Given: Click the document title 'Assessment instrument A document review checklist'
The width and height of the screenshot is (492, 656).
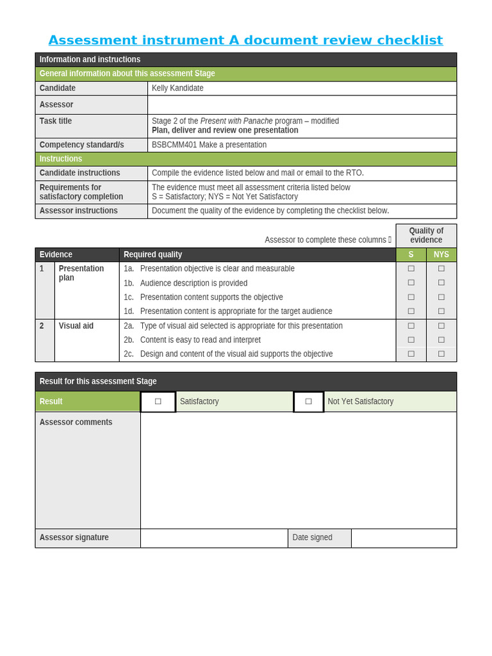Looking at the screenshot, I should pyautogui.click(x=245, y=40).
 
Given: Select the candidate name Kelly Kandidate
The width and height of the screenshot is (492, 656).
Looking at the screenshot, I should pyautogui.click(x=177, y=88).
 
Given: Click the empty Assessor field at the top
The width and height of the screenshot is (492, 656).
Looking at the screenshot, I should pyautogui.click(x=302, y=104).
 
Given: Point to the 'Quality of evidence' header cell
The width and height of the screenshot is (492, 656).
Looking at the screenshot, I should pyautogui.click(x=426, y=235).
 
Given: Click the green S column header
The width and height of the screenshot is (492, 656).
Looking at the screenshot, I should pyautogui.click(x=411, y=254).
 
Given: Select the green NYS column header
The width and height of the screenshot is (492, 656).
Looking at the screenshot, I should pyautogui.click(x=441, y=254).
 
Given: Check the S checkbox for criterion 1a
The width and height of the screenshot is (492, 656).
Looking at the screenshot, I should pyautogui.click(x=411, y=269).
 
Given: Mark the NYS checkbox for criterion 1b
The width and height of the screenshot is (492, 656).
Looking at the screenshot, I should pyautogui.click(x=441, y=283).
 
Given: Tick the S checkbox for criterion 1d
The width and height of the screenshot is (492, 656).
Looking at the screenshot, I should pyautogui.click(x=411, y=311).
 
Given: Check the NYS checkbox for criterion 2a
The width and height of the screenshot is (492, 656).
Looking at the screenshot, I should pyautogui.click(x=441, y=325).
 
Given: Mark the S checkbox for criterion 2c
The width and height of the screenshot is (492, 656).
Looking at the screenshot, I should pyautogui.click(x=411, y=354).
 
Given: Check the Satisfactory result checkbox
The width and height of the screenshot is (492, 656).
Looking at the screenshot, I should pyautogui.click(x=158, y=402).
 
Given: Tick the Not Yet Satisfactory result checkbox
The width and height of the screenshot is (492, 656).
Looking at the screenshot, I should pyautogui.click(x=309, y=402).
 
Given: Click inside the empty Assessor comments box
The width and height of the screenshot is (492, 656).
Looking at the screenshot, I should pyautogui.click(x=298, y=470).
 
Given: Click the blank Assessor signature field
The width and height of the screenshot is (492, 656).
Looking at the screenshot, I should pyautogui.click(x=214, y=538).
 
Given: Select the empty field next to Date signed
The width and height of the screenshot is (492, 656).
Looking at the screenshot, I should pyautogui.click(x=404, y=538).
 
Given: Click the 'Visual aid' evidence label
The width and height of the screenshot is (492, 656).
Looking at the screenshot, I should pyautogui.click(x=76, y=325).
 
